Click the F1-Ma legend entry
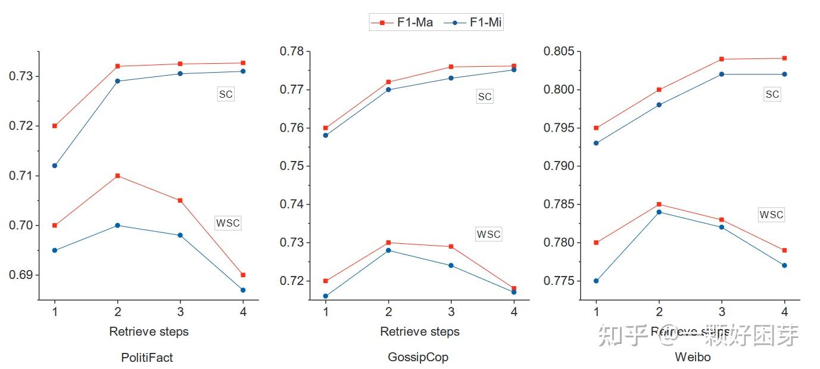pos(402,23)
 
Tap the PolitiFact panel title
pos(147,358)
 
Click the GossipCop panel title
pos(418,358)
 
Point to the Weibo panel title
pos(693,358)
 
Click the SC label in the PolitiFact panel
pos(226,94)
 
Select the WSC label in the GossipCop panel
pos(488,234)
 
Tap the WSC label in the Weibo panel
pos(771,215)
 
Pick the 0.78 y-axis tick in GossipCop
pos(292,51)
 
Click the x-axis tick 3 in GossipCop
pos(451,312)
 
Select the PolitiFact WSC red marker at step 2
pos(117,176)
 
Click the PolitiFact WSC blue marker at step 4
pos(243,290)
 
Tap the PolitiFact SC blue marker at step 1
pos(55,166)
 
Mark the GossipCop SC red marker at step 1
pos(325,128)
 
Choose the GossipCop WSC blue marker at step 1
pos(325,296)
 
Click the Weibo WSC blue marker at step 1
pos(596,281)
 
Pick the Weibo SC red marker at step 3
pos(722,59)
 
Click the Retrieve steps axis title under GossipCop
pos(420,331)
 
